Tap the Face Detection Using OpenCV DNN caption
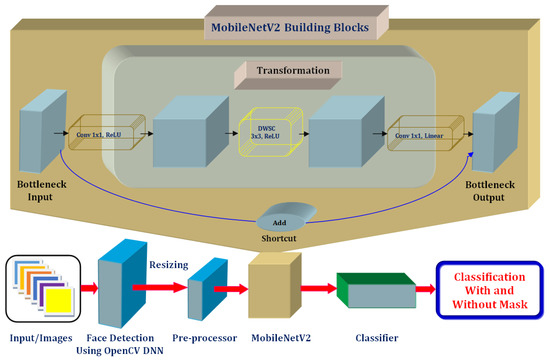[128, 343]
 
